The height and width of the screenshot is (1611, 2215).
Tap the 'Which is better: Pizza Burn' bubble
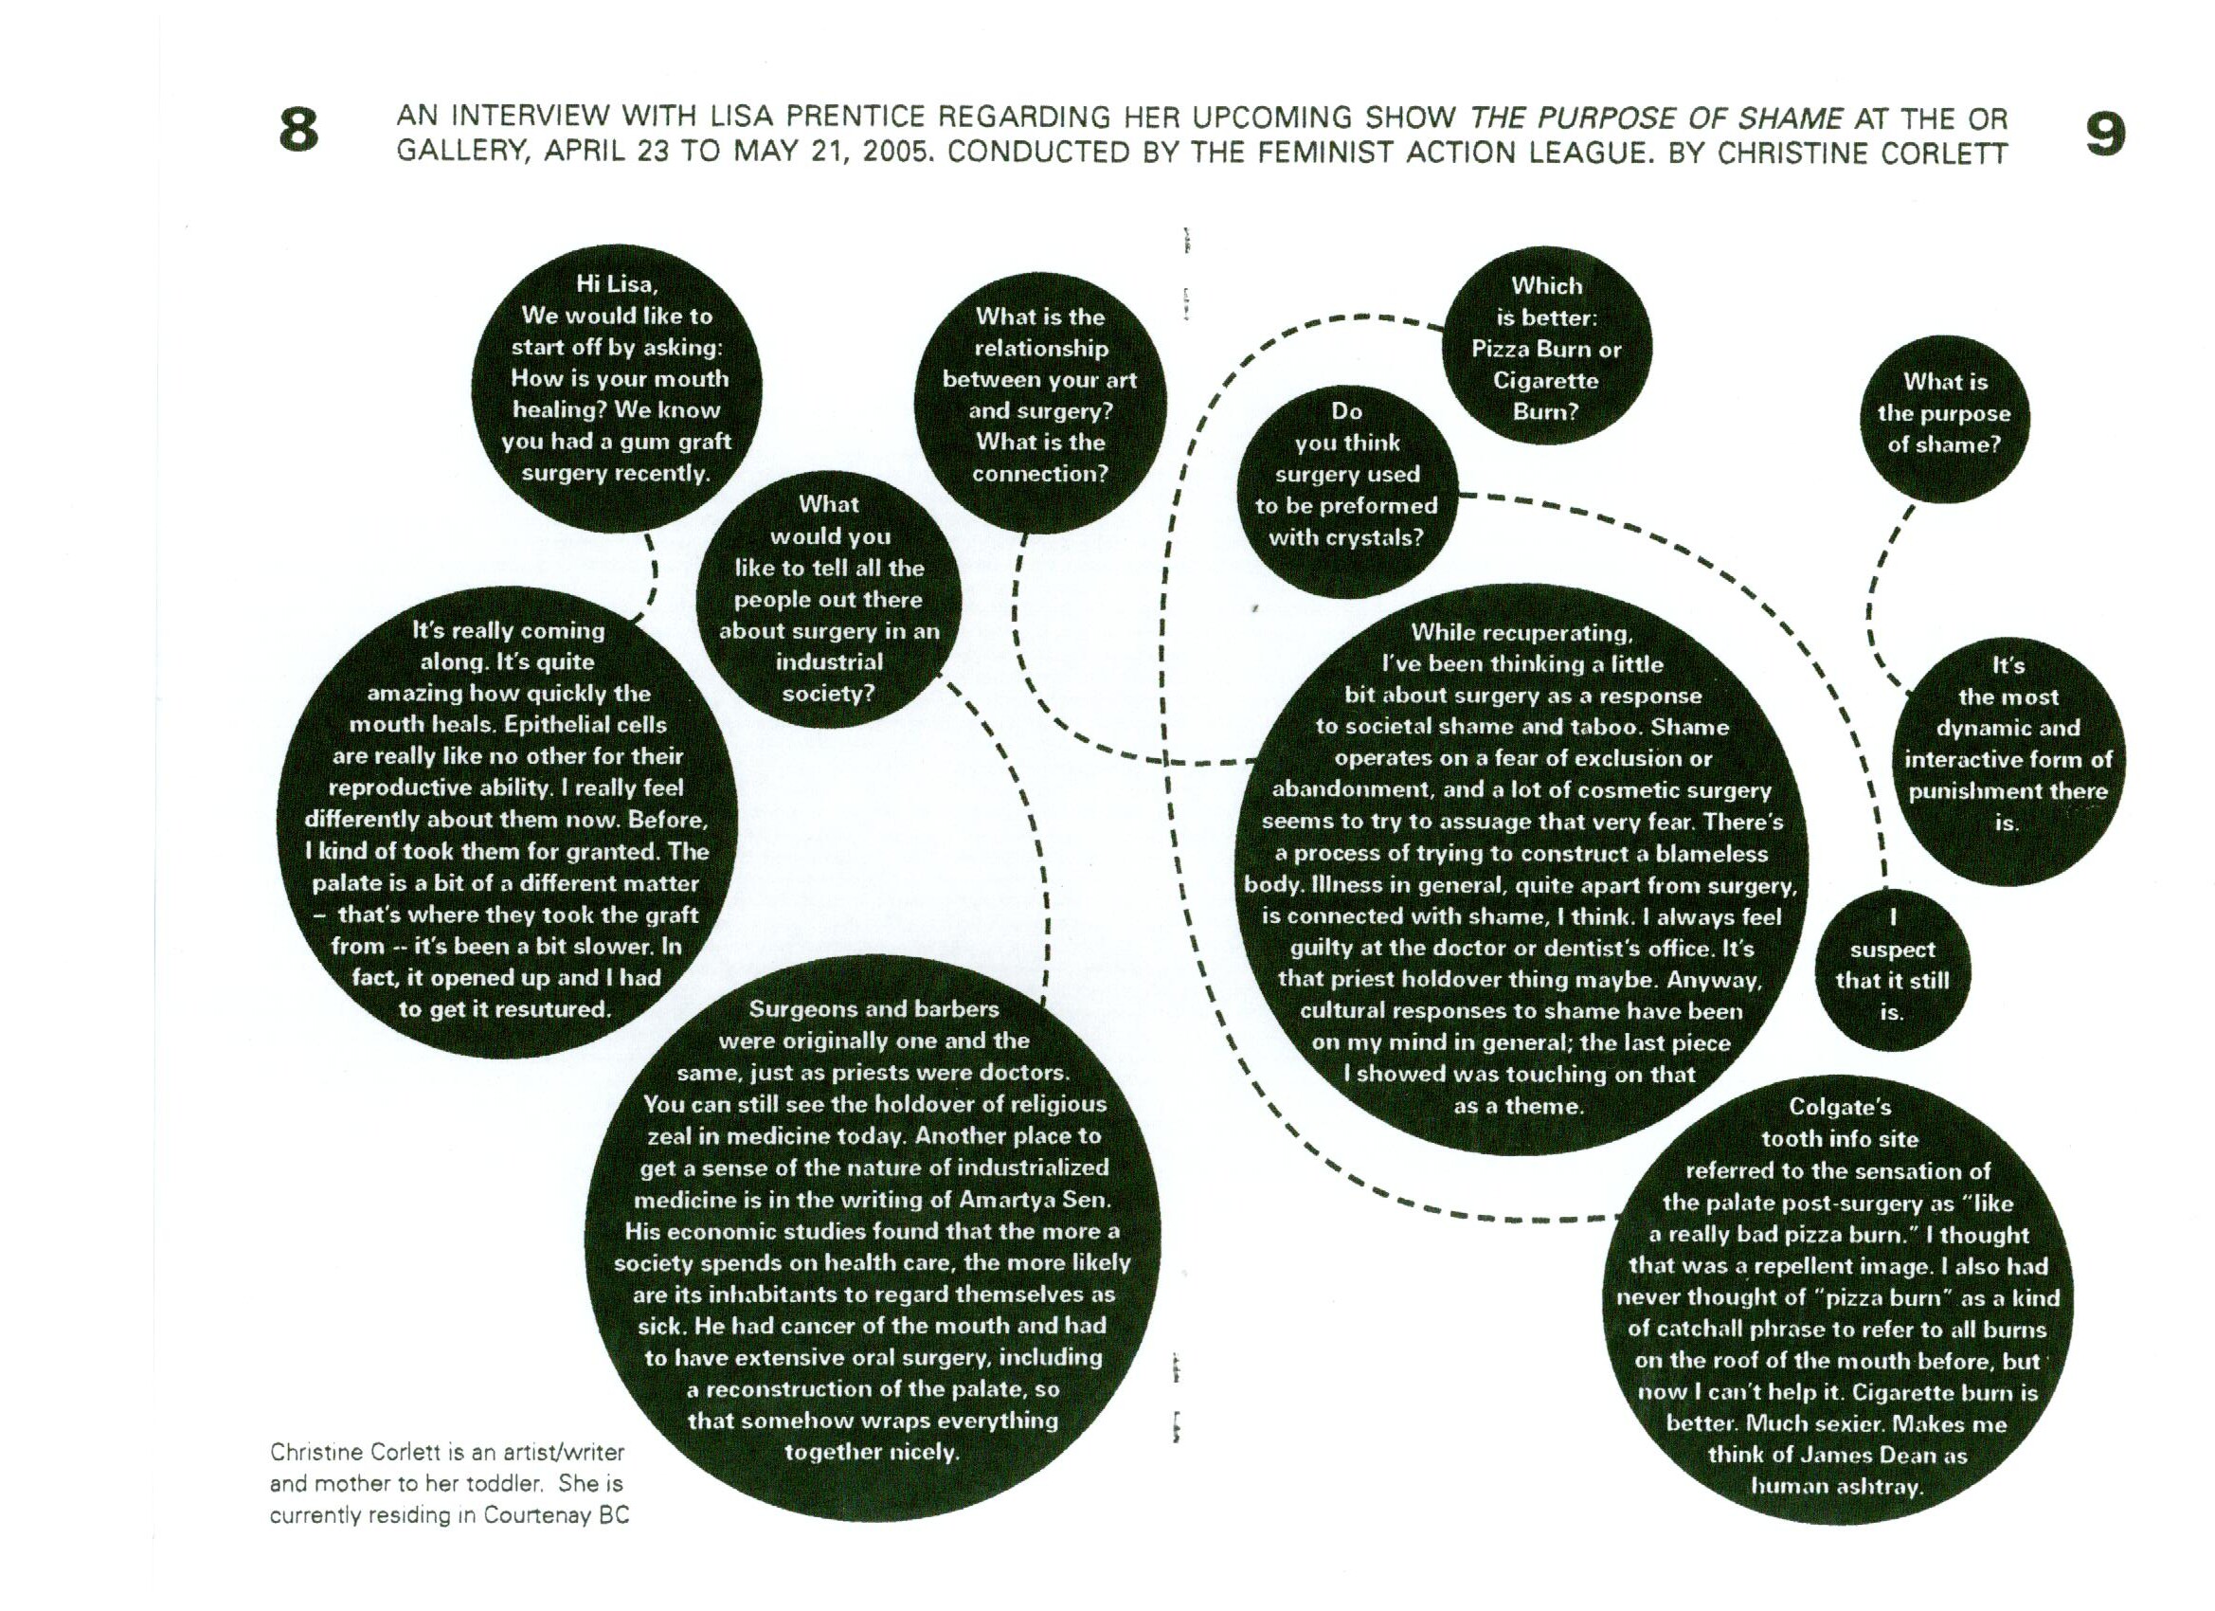1546,349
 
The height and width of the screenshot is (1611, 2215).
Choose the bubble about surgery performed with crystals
1346,475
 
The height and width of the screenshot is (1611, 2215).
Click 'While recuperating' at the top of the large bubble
1521,633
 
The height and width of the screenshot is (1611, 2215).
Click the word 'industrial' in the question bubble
828,662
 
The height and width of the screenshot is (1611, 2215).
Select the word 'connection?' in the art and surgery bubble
1040,474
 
